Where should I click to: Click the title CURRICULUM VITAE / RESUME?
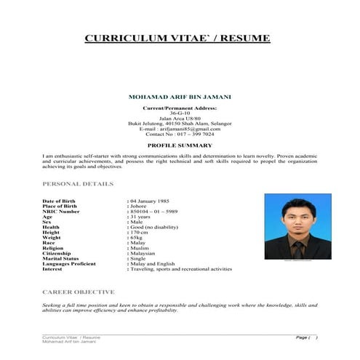pyautogui.click(x=177, y=38)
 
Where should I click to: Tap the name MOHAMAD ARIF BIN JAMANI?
pyautogui.click(x=180, y=96)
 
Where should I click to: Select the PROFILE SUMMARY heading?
pyautogui.click(x=180, y=145)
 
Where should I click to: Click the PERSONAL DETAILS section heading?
pyautogui.click(x=78, y=184)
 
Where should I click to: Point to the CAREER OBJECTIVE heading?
pyautogui.click(x=79, y=291)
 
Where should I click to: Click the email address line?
pyautogui.click(x=180, y=128)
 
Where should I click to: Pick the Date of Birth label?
pyautogui.click(x=60, y=200)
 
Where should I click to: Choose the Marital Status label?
pyautogui.click(x=63, y=258)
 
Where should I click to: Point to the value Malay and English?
pyautogui.click(x=153, y=263)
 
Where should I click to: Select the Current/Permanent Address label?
pyautogui.click(x=180, y=108)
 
